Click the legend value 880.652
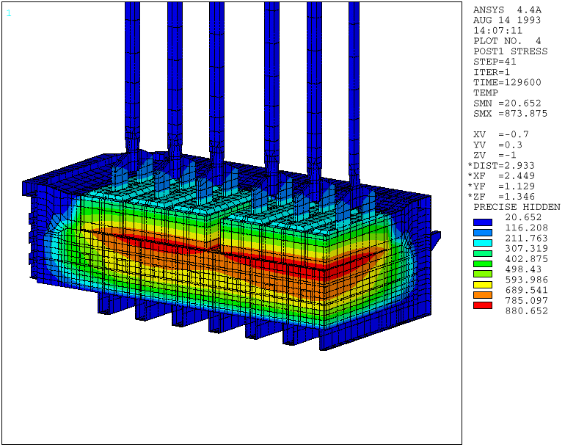tap(527, 311)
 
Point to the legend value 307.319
tap(527, 249)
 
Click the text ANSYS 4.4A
tap(507, 10)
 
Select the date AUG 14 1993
tap(507, 21)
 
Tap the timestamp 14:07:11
tap(497, 31)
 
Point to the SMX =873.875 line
tap(510, 114)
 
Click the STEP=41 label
tap(495, 62)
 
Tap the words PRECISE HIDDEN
tap(516, 207)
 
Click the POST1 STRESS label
tap(510, 51)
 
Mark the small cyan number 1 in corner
tap(9, 12)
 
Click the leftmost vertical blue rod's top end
tap(132, 4)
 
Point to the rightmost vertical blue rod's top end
tap(354, 4)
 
